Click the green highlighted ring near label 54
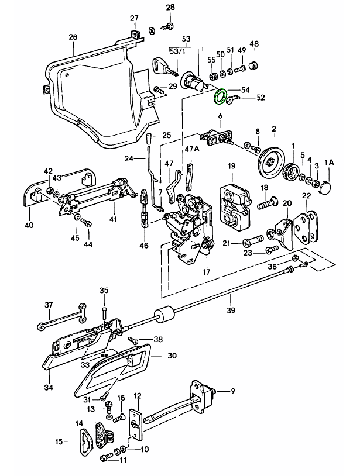pos(221,96)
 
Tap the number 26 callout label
pos(73,37)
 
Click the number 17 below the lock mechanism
pos(205,272)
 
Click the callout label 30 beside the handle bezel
pos(172,355)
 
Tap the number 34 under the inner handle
pos(49,387)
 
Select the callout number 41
pos(112,219)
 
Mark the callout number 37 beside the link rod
pos(49,304)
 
